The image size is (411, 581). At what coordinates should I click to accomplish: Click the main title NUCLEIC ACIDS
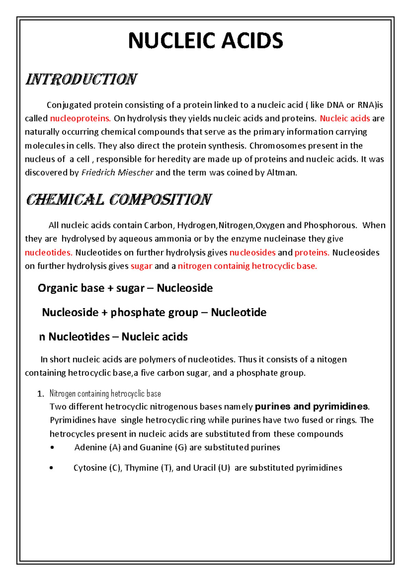[x=206, y=41]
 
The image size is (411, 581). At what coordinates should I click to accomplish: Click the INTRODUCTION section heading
[x=82, y=79]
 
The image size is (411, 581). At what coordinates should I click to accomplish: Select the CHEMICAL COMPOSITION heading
[x=119, y=200]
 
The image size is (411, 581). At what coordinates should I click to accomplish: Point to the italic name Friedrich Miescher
[x=117, y=173]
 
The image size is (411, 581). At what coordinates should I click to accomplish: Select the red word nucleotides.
[x=49, y=253]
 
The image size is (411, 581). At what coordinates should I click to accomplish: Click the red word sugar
[x=141, y=266]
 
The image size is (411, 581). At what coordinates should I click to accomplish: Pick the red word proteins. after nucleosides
[x=312, y=253]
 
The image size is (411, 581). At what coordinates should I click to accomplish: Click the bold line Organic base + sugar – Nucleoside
[x=125, y=288]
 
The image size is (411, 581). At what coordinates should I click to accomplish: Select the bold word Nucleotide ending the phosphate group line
[x=238, y=312]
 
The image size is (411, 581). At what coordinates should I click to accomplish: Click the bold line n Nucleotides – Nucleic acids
[x=113, y=337]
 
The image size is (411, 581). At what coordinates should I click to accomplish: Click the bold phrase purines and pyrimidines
[x=312, y=407]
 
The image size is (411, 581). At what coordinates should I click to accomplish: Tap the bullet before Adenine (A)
[x=52, y=448]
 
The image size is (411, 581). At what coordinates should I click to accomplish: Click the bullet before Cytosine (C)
[x=51, y=468]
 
